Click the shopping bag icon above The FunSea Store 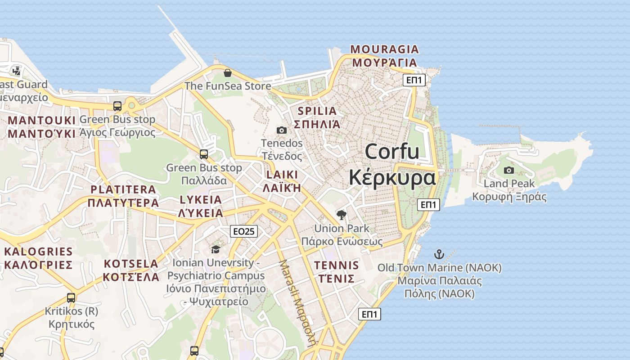tap(228, 72)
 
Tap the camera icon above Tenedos tap(282, 130)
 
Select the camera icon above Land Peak tap(509, 170)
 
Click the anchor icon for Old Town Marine tap(439, 254)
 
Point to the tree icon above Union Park tap(342, 215)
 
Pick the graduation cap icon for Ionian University tap(216, 249)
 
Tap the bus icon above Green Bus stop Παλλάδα tap(204, 154)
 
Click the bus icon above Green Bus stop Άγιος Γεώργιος tap(117, 106)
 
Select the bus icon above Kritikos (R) tap(71, 297)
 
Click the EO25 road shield tap(244, 231)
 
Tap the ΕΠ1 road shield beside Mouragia tap(414, 80)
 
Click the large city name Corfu tap(392, 151)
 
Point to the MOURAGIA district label tap(384, 49)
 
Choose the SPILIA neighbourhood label tap(317, 111)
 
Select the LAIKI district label tap(282, 175)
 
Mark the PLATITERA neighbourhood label tap(123, 189)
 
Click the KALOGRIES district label tap(38, 252)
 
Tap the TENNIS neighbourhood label tap(337, 265)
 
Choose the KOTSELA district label tap(131, 264)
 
